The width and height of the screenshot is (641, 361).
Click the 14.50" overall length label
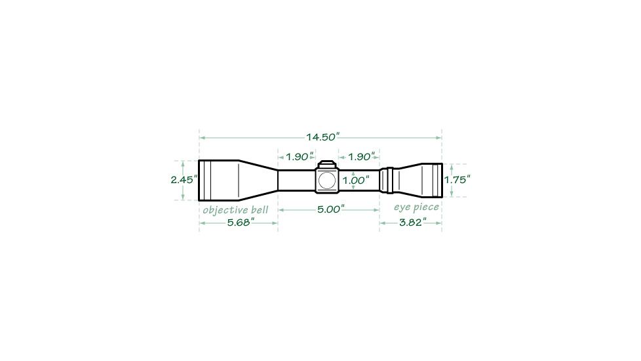pyautogui.click(x=322, y=137)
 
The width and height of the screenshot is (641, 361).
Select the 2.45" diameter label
pyautogui.click(x=184, y=179)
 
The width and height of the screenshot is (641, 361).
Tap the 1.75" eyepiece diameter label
pyautogui.click(x=457, y=179)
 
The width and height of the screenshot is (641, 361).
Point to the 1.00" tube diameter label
pyautogui.click(x=356, y=180)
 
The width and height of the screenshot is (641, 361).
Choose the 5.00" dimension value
pyautogui.click(x=330, y=209)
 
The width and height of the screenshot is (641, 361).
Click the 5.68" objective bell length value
pyautogui.click(x=241, y=223)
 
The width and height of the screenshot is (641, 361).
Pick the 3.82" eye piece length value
pyautogui.click(x=412, y=223)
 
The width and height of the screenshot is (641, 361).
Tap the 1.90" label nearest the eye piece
pyautogui.click(x=361, y=157)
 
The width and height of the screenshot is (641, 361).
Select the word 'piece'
pyautogui.click(x=426, y=207)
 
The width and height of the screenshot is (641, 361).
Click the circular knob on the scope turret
pyautogui.click(x=327, y=180)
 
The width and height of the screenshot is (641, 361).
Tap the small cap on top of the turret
pyautogui.click(x=327, y=164)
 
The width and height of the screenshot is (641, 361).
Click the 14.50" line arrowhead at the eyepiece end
pyautogui.click(x=438, y=138)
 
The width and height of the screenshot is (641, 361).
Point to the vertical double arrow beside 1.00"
pyautogui.click(x=353, y=180)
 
